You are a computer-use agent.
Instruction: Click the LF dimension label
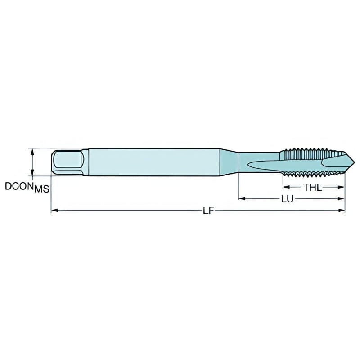point(207,210)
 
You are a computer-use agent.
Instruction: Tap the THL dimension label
point(312,187)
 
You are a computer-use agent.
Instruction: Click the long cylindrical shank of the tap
point(153,162)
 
